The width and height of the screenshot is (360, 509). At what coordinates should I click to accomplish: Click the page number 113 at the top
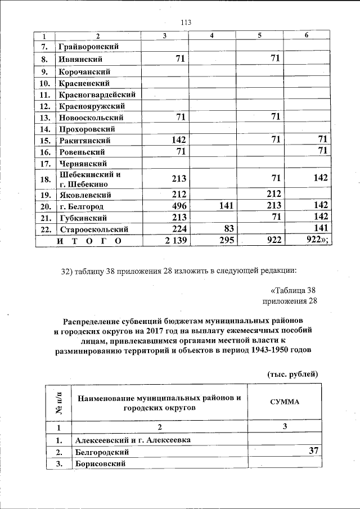point(186,22)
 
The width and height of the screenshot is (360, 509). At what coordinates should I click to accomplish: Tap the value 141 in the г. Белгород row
point(224,205)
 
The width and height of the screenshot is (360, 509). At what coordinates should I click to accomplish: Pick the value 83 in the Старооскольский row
point(228,229)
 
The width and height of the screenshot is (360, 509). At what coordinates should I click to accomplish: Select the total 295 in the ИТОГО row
point(223,241)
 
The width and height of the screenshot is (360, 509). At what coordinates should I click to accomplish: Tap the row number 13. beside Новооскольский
point(46,118)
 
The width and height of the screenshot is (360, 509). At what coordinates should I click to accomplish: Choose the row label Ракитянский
point(84,141)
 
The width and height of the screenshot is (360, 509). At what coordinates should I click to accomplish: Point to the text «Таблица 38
point(294,290)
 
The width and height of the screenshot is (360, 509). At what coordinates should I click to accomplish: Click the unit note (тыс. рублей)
point(292,374)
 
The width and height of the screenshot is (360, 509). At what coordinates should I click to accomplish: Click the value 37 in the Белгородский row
point(313,451)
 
